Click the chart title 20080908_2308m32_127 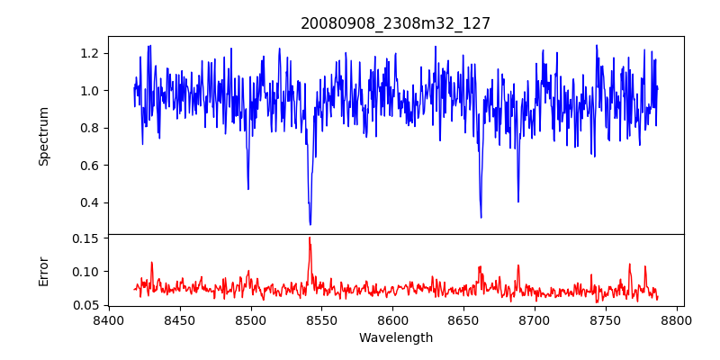[395, 23]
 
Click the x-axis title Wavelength [395, 338]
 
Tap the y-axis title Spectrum [44, 136]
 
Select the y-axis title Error [44, 270]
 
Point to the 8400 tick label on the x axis [108, 319]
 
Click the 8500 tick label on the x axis [250, 319]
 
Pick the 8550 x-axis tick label [321, 319]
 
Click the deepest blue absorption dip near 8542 [310, 224]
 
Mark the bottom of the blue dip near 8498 [248, 189]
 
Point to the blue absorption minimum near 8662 [481, 217]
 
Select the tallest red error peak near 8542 [310, 238]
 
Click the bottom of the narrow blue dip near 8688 [518, 202]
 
